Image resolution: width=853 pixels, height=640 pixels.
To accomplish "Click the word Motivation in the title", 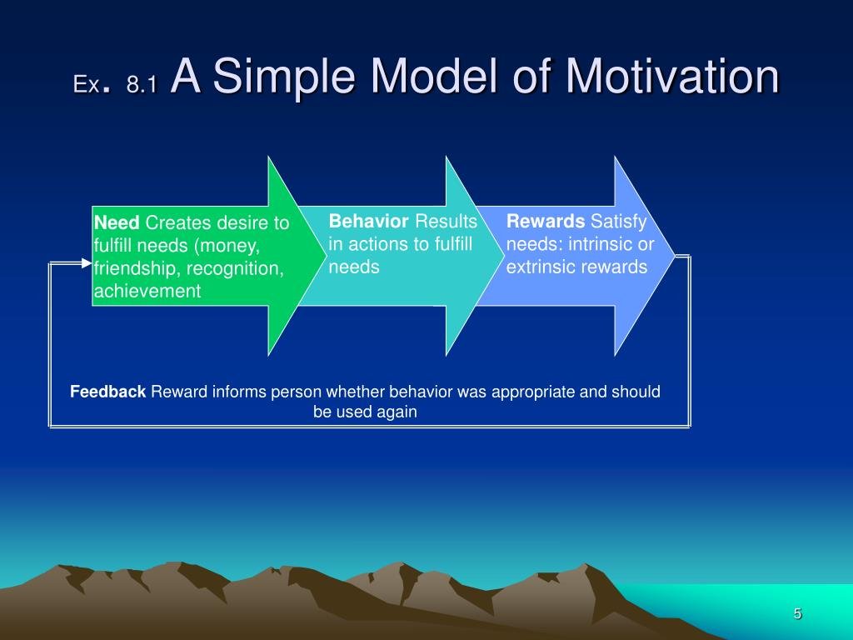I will (672, 77).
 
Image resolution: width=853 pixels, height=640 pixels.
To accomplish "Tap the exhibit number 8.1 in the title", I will (142, 84).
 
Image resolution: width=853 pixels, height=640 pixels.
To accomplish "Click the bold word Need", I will (117, 223).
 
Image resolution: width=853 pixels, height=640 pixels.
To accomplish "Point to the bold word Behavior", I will (368, 221).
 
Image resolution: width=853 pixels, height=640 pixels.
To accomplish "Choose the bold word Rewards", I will (546, 221).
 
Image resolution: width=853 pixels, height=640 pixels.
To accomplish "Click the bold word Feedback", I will (107, 392).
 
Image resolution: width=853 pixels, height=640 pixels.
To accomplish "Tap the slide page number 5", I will (797, 614).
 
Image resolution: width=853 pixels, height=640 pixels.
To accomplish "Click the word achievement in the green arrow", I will (147, 291).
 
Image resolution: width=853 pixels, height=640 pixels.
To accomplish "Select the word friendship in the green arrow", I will (133, 268).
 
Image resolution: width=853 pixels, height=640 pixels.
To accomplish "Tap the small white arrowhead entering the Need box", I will (87, 263).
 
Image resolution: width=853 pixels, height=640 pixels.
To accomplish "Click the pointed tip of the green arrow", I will (324, 257).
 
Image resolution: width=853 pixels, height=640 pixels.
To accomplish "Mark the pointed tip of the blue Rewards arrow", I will (673, 256).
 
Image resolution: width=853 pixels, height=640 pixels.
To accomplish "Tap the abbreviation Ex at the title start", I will (86, 84).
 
